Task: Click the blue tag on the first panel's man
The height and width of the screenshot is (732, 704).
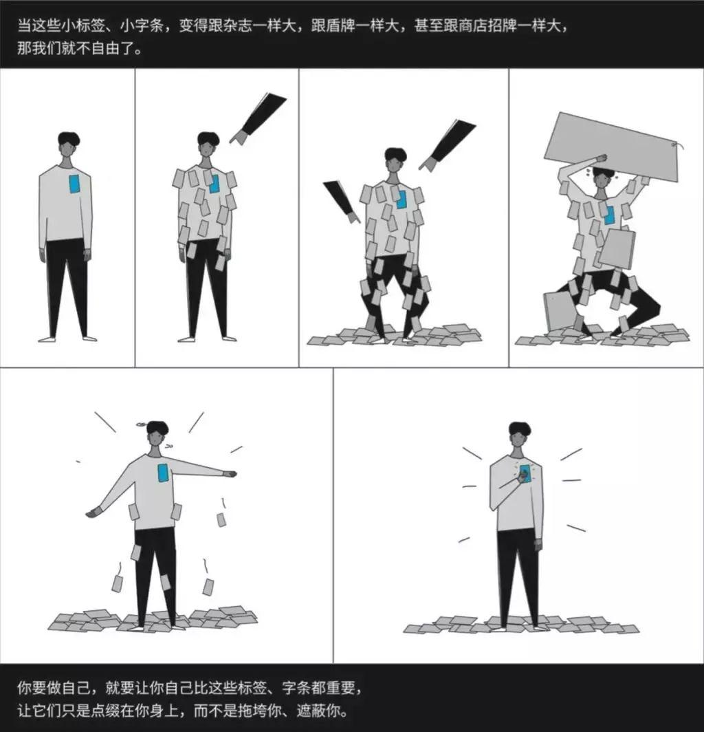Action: [74, 184]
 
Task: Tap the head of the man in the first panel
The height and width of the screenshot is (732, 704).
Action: [68, 145]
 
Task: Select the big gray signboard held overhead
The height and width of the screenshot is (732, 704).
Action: [611, 147]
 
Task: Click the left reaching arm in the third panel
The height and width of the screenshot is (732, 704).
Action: [342, 201]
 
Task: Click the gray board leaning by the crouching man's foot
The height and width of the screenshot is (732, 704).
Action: [558, 310]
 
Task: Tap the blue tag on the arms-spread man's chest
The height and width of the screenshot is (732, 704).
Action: [163, 473]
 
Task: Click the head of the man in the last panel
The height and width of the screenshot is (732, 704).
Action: [519, 435]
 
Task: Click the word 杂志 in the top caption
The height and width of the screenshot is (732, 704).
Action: [252, 28]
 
